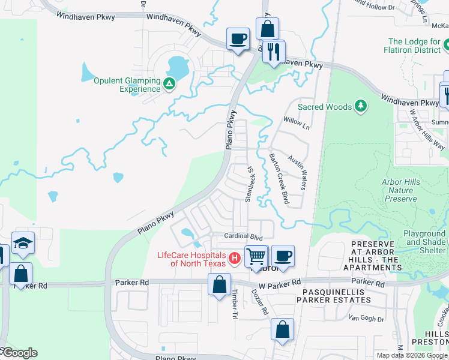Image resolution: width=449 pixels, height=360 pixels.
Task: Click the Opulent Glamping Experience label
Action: [127, 85]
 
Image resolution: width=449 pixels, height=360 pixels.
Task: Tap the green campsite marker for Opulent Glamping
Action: [170, 83]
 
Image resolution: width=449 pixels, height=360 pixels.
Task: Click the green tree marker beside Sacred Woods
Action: [361, 106]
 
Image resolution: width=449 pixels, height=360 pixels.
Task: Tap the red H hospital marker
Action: [235, 259]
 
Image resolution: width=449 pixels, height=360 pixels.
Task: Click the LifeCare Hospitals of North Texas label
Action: [191, 259]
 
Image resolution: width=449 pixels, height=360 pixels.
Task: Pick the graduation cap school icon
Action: [23, 242]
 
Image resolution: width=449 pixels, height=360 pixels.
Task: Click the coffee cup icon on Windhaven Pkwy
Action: [238, 39]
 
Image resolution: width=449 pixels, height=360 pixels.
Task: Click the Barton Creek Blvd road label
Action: [279, 178]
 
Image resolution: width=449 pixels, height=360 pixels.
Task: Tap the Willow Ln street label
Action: [297, 124]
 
